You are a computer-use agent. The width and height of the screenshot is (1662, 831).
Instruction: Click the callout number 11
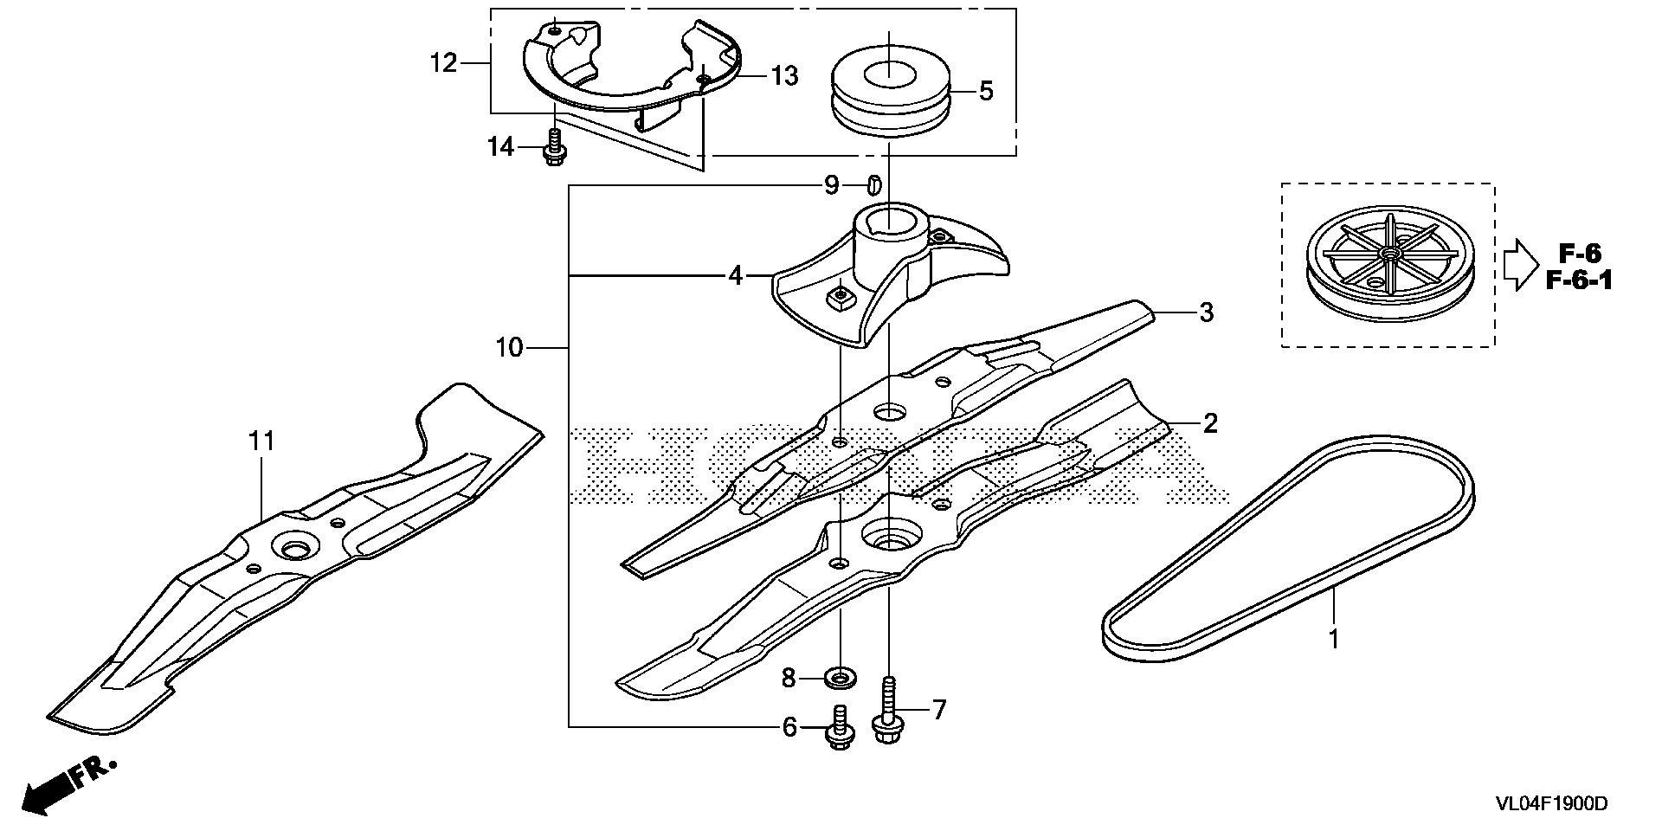261,441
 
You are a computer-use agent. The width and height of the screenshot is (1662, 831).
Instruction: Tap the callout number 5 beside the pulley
986,91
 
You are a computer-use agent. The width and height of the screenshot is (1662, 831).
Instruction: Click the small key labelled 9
873,184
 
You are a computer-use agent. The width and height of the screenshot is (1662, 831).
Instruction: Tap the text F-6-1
1579,280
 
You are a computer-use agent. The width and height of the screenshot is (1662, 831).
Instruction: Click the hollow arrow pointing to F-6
1518,266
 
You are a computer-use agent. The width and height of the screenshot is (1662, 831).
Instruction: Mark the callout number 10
510,348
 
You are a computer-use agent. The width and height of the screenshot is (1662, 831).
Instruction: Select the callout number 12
443,63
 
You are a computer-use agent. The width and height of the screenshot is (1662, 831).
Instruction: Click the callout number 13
783,76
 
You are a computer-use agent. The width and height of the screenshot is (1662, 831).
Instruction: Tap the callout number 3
1206,312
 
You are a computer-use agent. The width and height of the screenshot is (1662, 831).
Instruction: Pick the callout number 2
1209,423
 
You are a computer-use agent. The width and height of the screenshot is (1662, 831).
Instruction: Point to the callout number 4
735,276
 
